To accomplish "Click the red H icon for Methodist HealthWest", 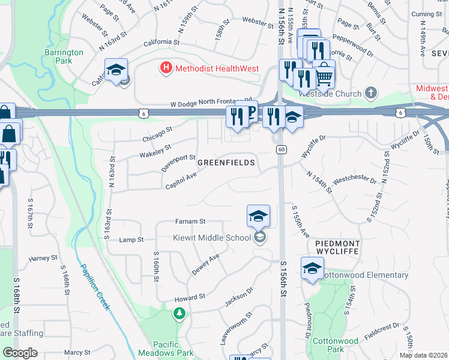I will [x=166, y=68].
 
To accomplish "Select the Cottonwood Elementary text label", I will [x=366, y=275].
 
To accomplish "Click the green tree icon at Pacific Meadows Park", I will [x=179, y=313].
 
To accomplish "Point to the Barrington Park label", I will [x=63, y=57].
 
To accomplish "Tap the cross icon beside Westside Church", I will [x=372, y=93].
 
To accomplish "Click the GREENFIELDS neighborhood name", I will [x=226, y=163].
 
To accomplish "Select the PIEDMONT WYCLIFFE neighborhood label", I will [x=337, y=249].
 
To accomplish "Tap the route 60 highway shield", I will [x=281, y=149].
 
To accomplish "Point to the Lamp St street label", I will [x=131, y=239].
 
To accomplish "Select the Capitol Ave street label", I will [x=181, y=178].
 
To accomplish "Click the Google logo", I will [x=20, y=353].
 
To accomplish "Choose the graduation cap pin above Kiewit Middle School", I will [x=258, y=216].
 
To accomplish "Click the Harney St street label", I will [x=43, y=259].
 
